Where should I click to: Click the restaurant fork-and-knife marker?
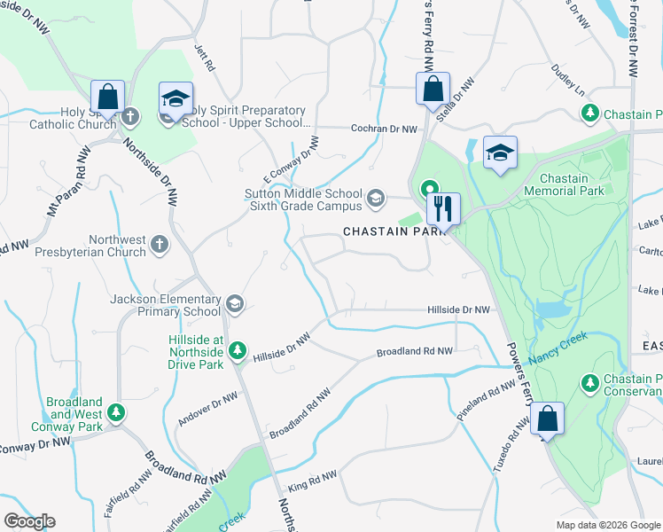pos(443,208)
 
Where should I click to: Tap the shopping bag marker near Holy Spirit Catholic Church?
pos(106,96)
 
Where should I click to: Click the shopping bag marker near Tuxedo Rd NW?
pos(548,419)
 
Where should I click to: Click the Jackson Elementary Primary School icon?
pos(234,304)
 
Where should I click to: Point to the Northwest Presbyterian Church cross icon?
pos(160,244)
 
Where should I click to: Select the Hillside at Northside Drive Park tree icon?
pos(237,351)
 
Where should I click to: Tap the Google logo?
pos(29,521)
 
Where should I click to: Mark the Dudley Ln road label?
pos(568,81)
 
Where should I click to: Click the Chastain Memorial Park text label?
pos(563,184)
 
